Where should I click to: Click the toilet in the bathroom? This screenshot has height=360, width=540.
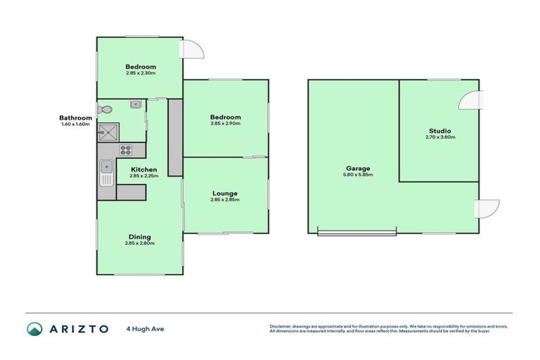(105, 110)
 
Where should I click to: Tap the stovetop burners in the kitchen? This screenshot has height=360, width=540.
(126, 149)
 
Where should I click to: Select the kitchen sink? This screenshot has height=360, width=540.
(106, 172)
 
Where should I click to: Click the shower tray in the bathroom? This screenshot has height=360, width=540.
(108, 131)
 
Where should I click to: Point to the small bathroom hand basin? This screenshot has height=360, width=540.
(136, 105)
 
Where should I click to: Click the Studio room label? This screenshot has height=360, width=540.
(439, 131)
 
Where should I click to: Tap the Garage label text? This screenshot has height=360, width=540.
(358, 168)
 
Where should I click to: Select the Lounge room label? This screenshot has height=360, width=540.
(225, 193)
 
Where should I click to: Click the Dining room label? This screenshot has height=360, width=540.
(139, 237)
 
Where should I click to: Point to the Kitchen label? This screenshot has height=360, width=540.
(143, 169)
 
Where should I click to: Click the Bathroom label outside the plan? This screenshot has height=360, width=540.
(75, 118)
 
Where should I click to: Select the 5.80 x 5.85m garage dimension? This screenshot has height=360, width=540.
(358, 175)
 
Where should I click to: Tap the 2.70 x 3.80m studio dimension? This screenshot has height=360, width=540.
(439, 138)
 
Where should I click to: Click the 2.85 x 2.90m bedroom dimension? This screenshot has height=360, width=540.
(225, 124)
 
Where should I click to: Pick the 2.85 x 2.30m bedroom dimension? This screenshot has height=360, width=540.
(141, 73)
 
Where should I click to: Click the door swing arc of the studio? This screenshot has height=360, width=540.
(469, 101)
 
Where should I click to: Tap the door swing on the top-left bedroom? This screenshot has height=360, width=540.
(191, 49)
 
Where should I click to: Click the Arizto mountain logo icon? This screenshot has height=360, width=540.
(34, 328)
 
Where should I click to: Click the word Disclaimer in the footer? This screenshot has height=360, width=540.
(281, 327)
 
